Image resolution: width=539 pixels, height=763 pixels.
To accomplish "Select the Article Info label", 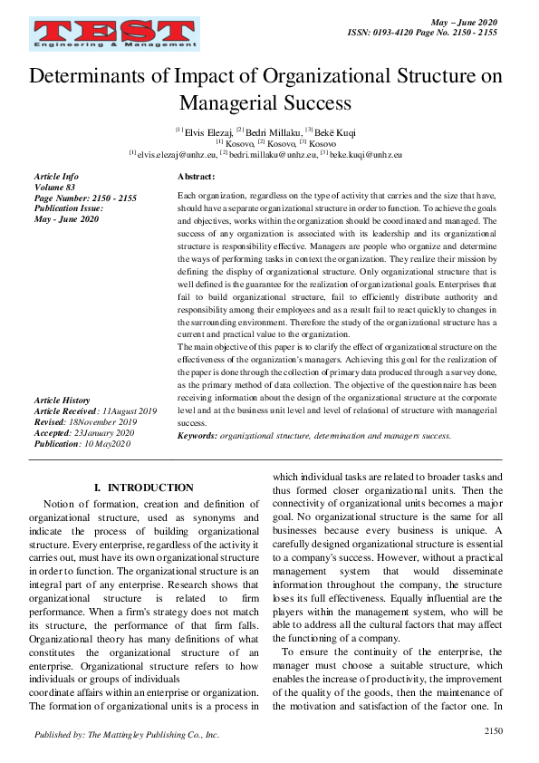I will pyautogui.click(x=56, y=176).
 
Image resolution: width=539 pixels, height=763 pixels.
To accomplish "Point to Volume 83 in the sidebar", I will pyautogui.click(x=54, y=187).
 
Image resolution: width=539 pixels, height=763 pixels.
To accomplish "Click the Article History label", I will pyautogui.click(x=62, y=400).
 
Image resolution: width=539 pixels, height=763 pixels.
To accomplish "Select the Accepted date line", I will pyautogui.click(x=83, y=433).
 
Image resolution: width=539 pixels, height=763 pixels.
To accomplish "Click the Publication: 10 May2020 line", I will pyautogui.click(x=82, y=444).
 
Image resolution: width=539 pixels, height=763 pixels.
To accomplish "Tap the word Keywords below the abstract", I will pyautogui.click(x=197, y=435).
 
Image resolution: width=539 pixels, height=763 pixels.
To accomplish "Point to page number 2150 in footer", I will pyautogui.click(x=493, y=730).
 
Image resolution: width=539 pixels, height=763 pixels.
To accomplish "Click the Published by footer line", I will pyautogui.click(x=126, y=735).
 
